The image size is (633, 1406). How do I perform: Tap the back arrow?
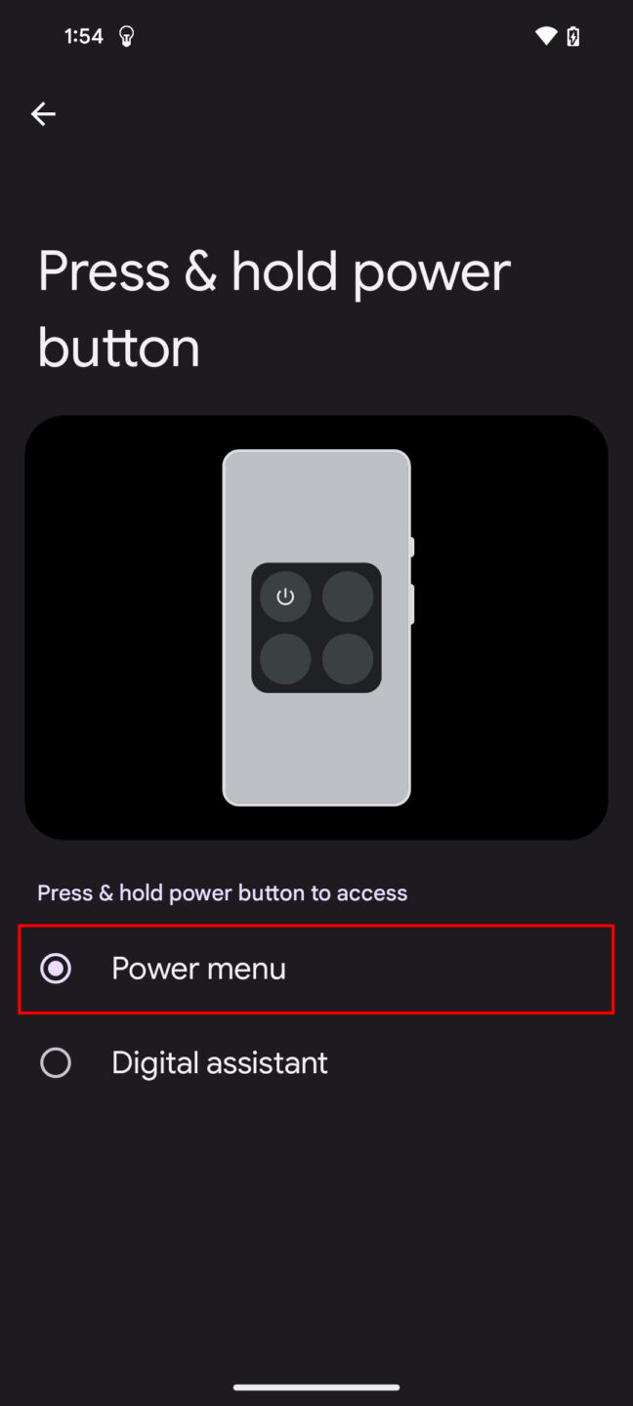click(43, 114)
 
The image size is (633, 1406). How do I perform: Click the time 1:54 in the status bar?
click(83, 36)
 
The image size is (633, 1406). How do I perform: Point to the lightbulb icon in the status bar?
click(126, 37)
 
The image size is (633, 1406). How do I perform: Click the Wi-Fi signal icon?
click(546, 37)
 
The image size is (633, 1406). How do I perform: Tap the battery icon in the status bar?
click(573, 37)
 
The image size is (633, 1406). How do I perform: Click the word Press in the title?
click(103, 271)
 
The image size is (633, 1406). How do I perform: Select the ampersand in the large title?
click(199, 271)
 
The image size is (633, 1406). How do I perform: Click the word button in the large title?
click(118, 348)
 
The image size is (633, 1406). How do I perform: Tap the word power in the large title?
click(432, 273)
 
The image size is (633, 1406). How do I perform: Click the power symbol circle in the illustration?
click(285, 597)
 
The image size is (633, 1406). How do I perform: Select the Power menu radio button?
click(56, 969)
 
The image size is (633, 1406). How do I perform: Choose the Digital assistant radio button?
click(56, 1062)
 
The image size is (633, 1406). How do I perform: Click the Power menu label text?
click(198, 969)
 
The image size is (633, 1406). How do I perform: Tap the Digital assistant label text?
click(220, 1062)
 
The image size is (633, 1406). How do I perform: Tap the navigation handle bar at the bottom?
click(316, 1386)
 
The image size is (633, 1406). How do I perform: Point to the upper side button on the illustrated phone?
click(412, 547)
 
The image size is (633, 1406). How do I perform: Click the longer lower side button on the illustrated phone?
click(412, 603)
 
